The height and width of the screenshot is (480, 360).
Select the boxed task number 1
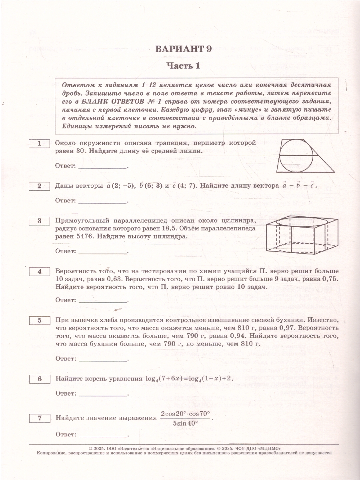[x=39, y=144]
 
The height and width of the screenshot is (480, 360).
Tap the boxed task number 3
[x=39, y=221]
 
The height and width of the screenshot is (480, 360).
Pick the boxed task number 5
[x=39, y=320]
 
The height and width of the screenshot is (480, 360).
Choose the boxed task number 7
[x=39, y=418]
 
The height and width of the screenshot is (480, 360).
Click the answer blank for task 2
[x=102, y=200]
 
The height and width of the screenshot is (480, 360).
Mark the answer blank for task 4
[x=102, y=300]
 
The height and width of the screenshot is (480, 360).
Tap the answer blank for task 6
[x=102, y=394]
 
